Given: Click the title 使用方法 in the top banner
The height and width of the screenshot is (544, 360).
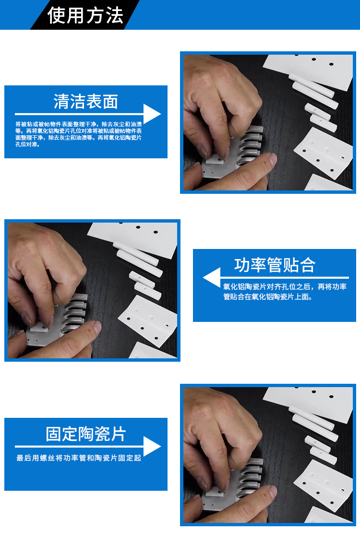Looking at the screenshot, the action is pos(85,16).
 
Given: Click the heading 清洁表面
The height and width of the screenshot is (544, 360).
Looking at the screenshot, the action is pos(86,102).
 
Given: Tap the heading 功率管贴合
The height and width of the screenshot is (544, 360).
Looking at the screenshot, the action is pos(275,265).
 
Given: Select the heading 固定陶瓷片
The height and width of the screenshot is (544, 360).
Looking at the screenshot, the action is pos(86,434).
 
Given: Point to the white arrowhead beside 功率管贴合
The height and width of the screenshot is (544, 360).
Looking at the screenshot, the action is pos(212,278).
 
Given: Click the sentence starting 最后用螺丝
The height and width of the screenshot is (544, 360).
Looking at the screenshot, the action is pos(79,458).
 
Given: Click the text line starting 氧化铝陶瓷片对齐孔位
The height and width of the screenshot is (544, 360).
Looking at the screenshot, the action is pos(285,286).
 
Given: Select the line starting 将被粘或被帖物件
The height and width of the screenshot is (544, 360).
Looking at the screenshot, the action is pos(79,124).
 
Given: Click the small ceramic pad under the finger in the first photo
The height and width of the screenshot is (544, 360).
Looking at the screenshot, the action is pos(214,160).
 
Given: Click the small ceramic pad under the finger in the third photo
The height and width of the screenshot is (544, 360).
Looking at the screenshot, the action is pos(214,493).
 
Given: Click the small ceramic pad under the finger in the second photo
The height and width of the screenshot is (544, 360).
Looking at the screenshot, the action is pos(38,328).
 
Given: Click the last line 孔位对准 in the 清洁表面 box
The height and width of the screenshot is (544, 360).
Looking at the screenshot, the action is pos(28,144).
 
